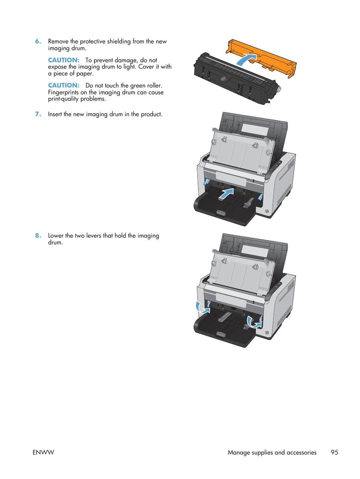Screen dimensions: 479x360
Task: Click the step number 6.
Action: pyautogui.click(x=38, y=41)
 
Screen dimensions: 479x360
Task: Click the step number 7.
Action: pyautogui.click(x=38, y=114)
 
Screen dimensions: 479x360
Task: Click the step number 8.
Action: pyautogui.click(x=38, y=235)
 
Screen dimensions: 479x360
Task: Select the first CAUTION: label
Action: pyautogui.click(x=63, y=60)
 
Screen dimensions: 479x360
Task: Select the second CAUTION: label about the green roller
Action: pyautogui.click(x=63, y=85)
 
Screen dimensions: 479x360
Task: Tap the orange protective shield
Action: pyautogui.click(x=264, y=57)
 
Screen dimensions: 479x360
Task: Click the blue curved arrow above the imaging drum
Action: pyautogui.click(x=245, y=60)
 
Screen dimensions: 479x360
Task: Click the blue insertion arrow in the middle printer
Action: pyautogui.click(x=226, y=194)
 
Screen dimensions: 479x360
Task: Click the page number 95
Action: pyautogui.click(x=334, y=452)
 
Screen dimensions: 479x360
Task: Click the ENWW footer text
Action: pyautogui.click(x=43, y=452)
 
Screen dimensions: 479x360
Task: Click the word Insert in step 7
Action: pyautogui.click(x=55, y=114)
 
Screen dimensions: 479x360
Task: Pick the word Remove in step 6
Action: pyautogui.click(x=58, y=41)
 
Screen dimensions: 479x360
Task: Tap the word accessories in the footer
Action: pyautogui.click(x=301, y=452)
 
